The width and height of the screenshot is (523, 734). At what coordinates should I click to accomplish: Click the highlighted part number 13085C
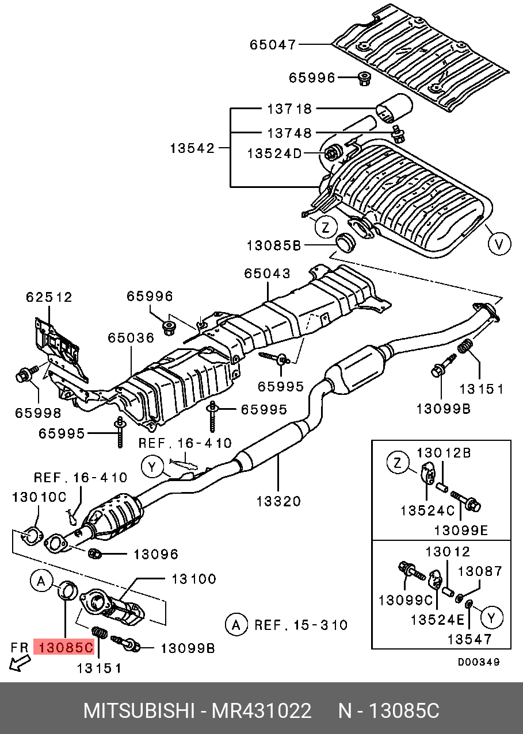point(64,647)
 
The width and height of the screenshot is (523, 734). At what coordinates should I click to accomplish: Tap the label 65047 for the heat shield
point(273,45)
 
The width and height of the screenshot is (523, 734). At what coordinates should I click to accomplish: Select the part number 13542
point(193,148)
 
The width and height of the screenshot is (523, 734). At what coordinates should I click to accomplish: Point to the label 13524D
point(274,153)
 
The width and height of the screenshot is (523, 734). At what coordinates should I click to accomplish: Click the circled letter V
point(499,244)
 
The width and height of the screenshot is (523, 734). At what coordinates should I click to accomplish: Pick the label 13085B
point(274,245)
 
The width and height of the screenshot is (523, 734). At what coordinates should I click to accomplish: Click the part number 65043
point(268,274)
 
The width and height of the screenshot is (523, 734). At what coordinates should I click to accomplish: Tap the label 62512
point(49,297)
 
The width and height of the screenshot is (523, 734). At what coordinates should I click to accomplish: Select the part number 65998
point(39,413)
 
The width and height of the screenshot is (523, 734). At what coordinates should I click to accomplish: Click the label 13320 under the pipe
point(278,502)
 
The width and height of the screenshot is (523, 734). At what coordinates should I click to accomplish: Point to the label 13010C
point(39,497)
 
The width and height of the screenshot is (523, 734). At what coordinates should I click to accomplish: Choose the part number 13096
point(156,554)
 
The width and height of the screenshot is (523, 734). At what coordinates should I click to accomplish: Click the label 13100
point(194,579)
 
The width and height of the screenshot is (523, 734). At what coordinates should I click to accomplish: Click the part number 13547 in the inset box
point(470,639)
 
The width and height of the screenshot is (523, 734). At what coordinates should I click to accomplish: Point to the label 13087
point(480,571)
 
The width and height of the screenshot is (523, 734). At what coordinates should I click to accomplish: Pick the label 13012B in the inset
point(444,453)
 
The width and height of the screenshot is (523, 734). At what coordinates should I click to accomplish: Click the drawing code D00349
point(479,662)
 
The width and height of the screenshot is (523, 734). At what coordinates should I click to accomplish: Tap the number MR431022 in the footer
point(261,711)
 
